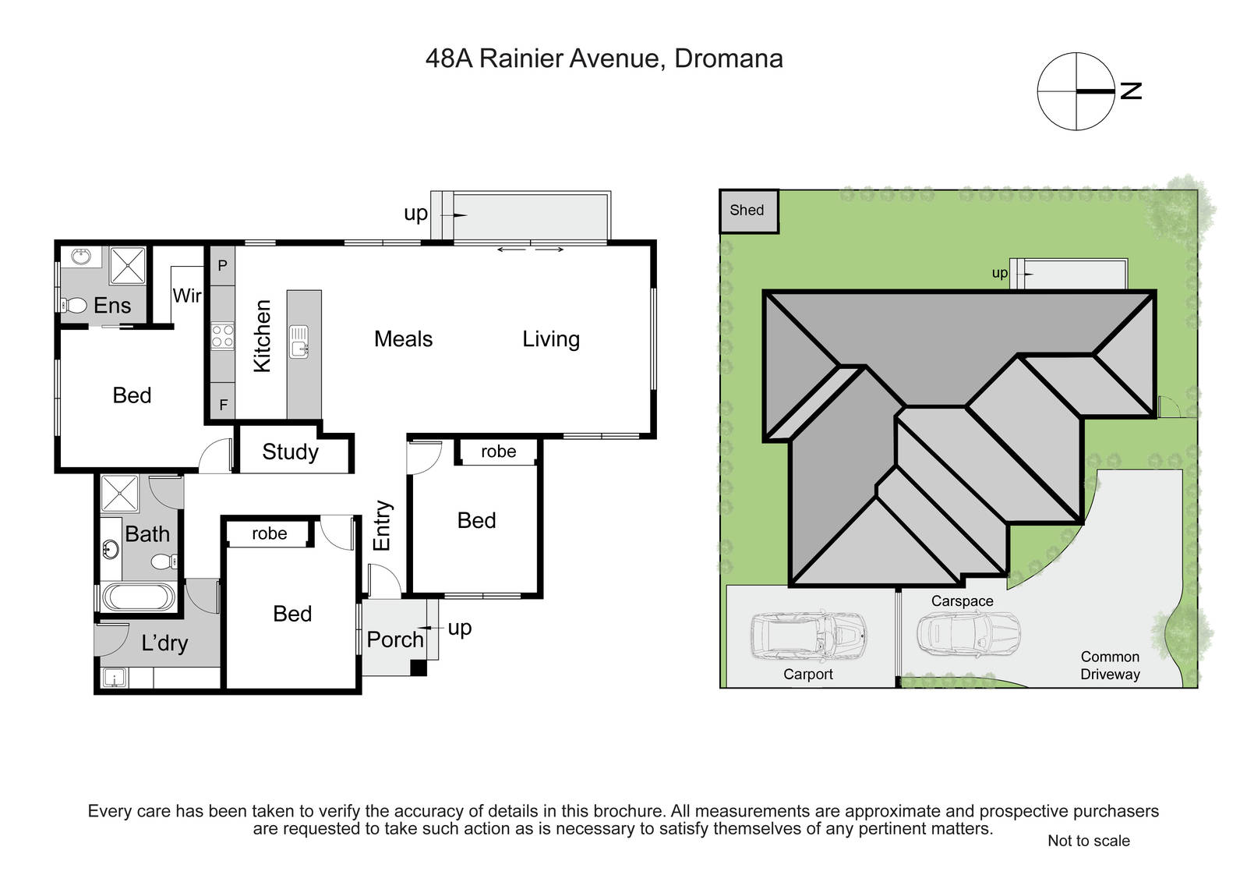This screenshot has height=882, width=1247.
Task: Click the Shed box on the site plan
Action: (749, 211)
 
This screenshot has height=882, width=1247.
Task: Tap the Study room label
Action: (290, 452)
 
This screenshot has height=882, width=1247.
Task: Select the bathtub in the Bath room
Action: (139, 597)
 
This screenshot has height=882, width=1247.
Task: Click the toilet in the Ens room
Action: (74, 305)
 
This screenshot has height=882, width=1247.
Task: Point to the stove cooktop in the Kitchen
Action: (222, 336)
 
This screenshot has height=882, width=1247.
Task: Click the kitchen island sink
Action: (299, 341)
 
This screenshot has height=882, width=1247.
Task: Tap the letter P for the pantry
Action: (222, 266)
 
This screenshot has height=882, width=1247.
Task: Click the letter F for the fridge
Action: (223, 405)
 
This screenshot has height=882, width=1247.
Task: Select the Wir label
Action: (187, 296)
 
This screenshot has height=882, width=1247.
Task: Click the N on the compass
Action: (1131, 90)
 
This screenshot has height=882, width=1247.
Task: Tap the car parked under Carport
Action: (808, 636)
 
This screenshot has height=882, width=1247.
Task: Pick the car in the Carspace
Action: (969, 633)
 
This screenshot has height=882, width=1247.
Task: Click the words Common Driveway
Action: (1110, 665)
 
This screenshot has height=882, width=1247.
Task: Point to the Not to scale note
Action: (1088, 840)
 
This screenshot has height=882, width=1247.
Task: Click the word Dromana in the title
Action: (729, 58)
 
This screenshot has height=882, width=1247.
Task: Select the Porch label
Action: (395, 639)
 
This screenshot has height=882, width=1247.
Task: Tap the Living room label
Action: (551, 339)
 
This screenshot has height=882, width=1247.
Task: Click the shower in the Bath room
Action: (119, 494)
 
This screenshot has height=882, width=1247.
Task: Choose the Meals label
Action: (403, 338)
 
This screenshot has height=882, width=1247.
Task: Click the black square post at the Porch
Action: (418, 668)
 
